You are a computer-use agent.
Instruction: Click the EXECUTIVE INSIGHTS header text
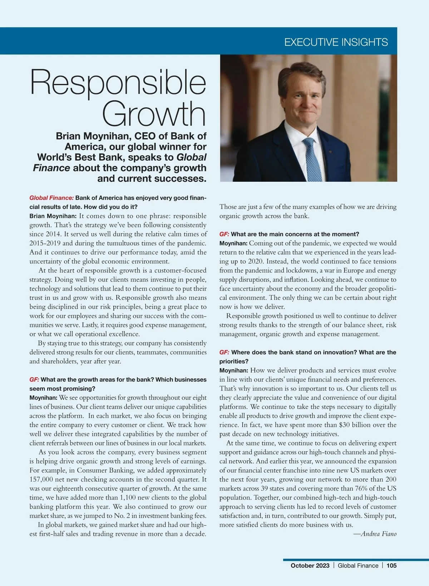pyautogui.click(x=336, y=42)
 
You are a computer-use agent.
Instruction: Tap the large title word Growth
pyautogui.click(x=154, y=114)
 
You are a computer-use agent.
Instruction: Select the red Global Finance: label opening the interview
pyautogui.click(x=51, y=198)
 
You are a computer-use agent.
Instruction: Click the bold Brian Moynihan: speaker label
pyautogui.click(x=53, y=216)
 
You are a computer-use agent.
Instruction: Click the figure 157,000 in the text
pyautogui.click(x=42, y=479)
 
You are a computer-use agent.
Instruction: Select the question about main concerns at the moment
pyautogui.click(x=295, y=234)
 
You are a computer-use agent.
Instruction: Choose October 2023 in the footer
pyautogui.click(x=310, y=566)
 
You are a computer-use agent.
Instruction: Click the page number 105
pyautogui.click(x=391, y=566)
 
